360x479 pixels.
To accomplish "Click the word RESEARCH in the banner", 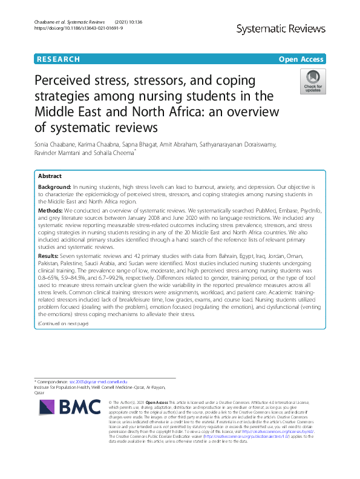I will [x=58, y=59].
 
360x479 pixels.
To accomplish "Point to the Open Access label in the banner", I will [x=302, y=59].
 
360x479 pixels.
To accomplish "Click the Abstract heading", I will [x=50, y=176].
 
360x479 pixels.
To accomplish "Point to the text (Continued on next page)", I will [x=63, y=324].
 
